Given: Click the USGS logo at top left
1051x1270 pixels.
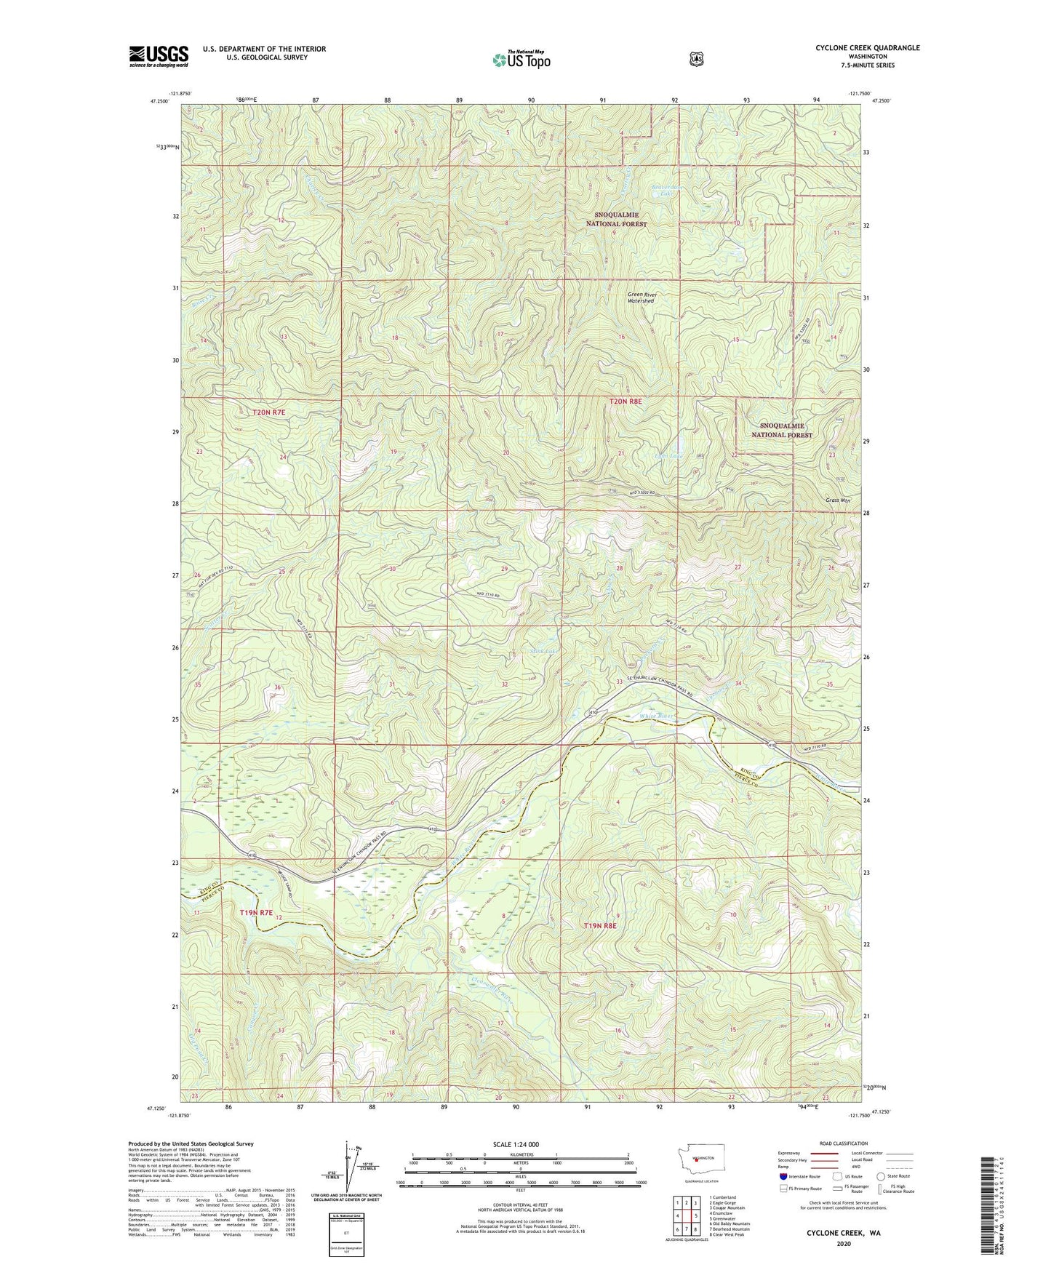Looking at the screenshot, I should (x=159, y=56).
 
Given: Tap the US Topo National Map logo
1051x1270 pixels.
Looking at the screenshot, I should (x=521, y=60).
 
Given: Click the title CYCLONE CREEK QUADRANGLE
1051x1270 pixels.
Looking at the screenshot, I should (x=867, y=48).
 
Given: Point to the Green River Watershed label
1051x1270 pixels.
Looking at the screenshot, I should (x=642, y=297).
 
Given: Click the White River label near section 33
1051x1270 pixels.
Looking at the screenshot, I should (x=657, y=716).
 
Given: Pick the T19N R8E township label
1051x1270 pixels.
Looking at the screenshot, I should (x=600, y=926).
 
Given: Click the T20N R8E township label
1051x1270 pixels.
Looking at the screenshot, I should (x=626, y=401).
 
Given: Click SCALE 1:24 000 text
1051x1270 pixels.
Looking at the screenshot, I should (x=516, y=1144).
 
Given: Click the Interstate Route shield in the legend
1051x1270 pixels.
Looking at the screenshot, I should (x=783, y=1176).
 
